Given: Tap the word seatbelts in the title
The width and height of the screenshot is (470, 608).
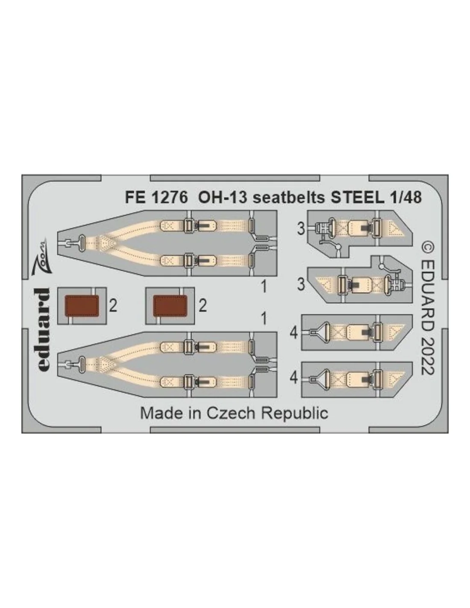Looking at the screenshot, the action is (289, 198).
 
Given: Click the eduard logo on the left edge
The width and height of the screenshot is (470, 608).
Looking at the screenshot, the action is (43, 330).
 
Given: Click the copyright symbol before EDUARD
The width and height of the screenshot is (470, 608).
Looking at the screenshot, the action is (428, 248).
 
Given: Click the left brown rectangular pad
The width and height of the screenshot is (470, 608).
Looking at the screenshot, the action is (82, 306).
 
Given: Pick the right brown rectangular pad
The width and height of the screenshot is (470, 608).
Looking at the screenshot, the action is (170, 306).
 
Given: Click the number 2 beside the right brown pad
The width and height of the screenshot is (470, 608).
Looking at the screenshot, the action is (203, 306).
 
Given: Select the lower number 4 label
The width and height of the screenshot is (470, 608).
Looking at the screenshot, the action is (294, 378).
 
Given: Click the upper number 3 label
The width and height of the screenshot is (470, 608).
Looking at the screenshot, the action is (300, 230).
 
